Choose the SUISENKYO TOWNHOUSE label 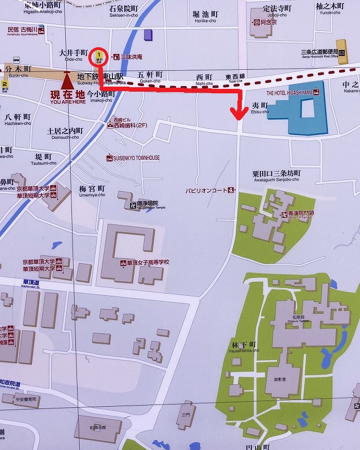[136, 158]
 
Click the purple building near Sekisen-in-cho [148, 35]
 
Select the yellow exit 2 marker [4, 84]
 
